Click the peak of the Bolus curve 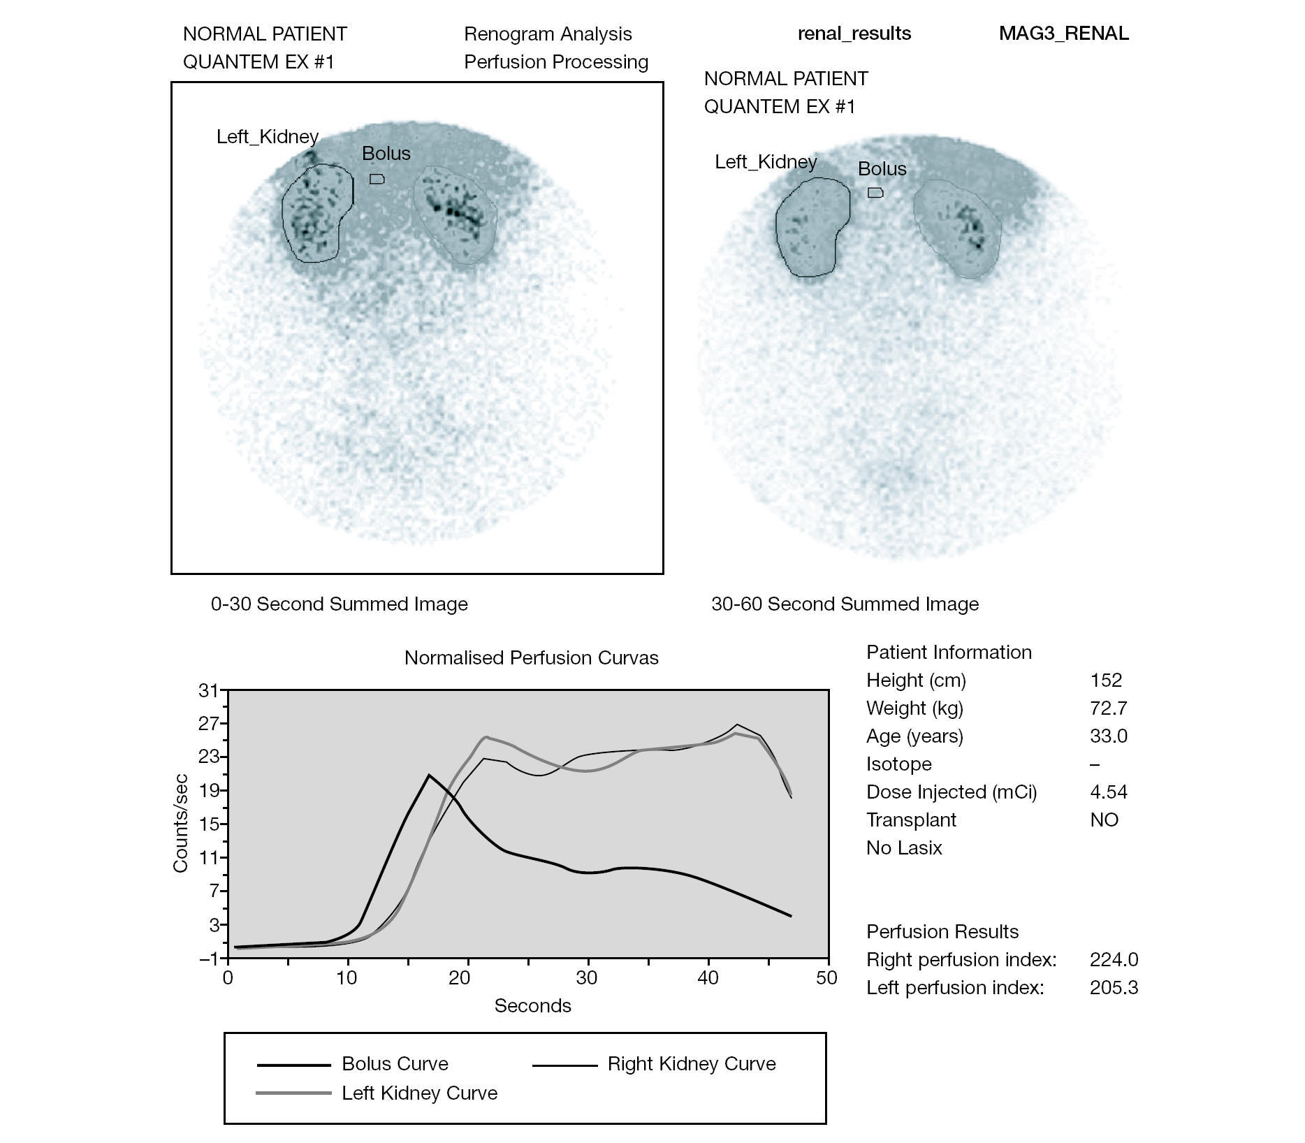pos(429,775)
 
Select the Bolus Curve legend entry pos(395,1063)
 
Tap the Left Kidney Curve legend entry pos(419,1093)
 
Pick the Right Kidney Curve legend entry pos(691,1063)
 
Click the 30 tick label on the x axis pos(587,977)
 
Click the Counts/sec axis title pos(180,823)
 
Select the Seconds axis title pos(532,1005)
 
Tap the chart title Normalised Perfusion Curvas pos(531,658)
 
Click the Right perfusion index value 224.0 pos(1114,959)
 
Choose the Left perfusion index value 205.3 pos(1114,987)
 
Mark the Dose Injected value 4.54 pos(1108,792)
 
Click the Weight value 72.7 pos(1108,708)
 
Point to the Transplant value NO pos(1104,820)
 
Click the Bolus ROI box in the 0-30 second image pos(377,179)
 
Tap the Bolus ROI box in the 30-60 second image pos(875,193)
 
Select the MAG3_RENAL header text pos(1063,34)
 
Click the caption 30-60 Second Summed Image pos(845,604)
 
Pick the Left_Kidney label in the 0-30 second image pos(268,136)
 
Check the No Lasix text pos(904,847)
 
